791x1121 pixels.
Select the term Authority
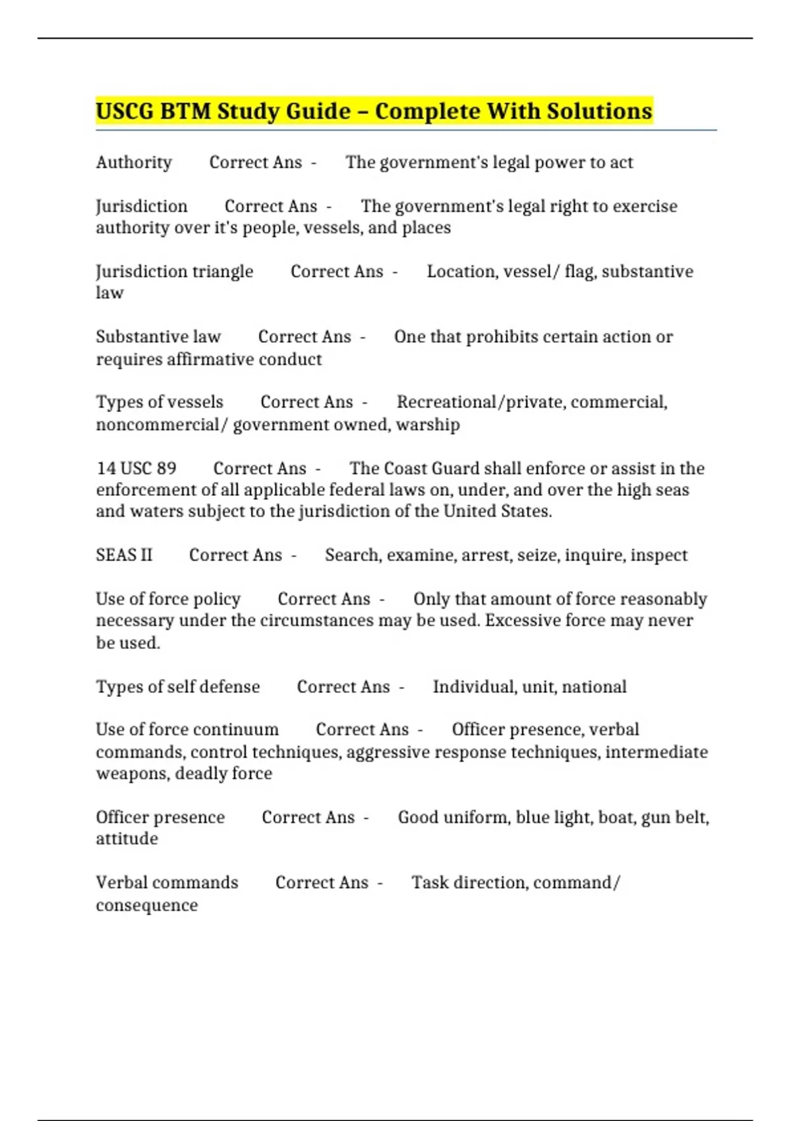134,162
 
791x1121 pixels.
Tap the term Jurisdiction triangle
175,271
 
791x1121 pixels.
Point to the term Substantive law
158,336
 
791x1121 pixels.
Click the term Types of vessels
160,402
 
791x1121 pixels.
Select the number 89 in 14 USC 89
167,468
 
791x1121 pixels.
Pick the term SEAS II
124,555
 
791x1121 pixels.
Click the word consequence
147,905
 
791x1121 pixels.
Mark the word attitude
127,839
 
